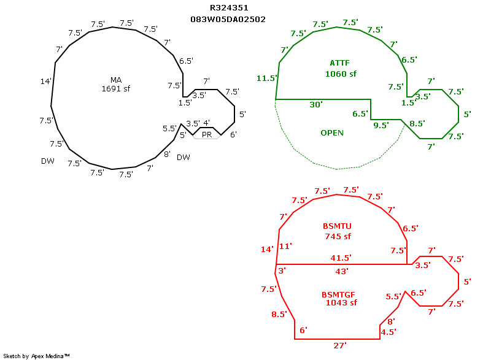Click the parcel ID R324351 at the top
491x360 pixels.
click(229, 8)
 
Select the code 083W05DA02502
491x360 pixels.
click(228, 20)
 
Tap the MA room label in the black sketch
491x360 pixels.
click(116, 80)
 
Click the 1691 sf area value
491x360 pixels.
click(116, 89)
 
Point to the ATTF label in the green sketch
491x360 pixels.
click(340, 63)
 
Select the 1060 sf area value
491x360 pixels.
click(341, 74)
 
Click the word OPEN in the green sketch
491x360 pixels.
click(332, 133)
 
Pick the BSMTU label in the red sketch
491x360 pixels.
click(337, 226)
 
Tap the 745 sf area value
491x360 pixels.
click(338, 237)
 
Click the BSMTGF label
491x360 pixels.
click(339, 295)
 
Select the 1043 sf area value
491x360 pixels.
click(341, 303)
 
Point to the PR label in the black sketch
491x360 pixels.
click(207, 135)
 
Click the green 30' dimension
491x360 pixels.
click(316, 105)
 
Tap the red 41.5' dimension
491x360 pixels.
click(341, 258)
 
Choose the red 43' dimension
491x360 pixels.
click(342, 272)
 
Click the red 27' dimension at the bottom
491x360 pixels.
click(340, 346)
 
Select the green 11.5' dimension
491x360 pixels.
click(267, 78)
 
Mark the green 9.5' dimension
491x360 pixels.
click(381, 126)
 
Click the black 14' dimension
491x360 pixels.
click(45, 82)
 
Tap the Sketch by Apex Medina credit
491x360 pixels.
click(36, 356)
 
